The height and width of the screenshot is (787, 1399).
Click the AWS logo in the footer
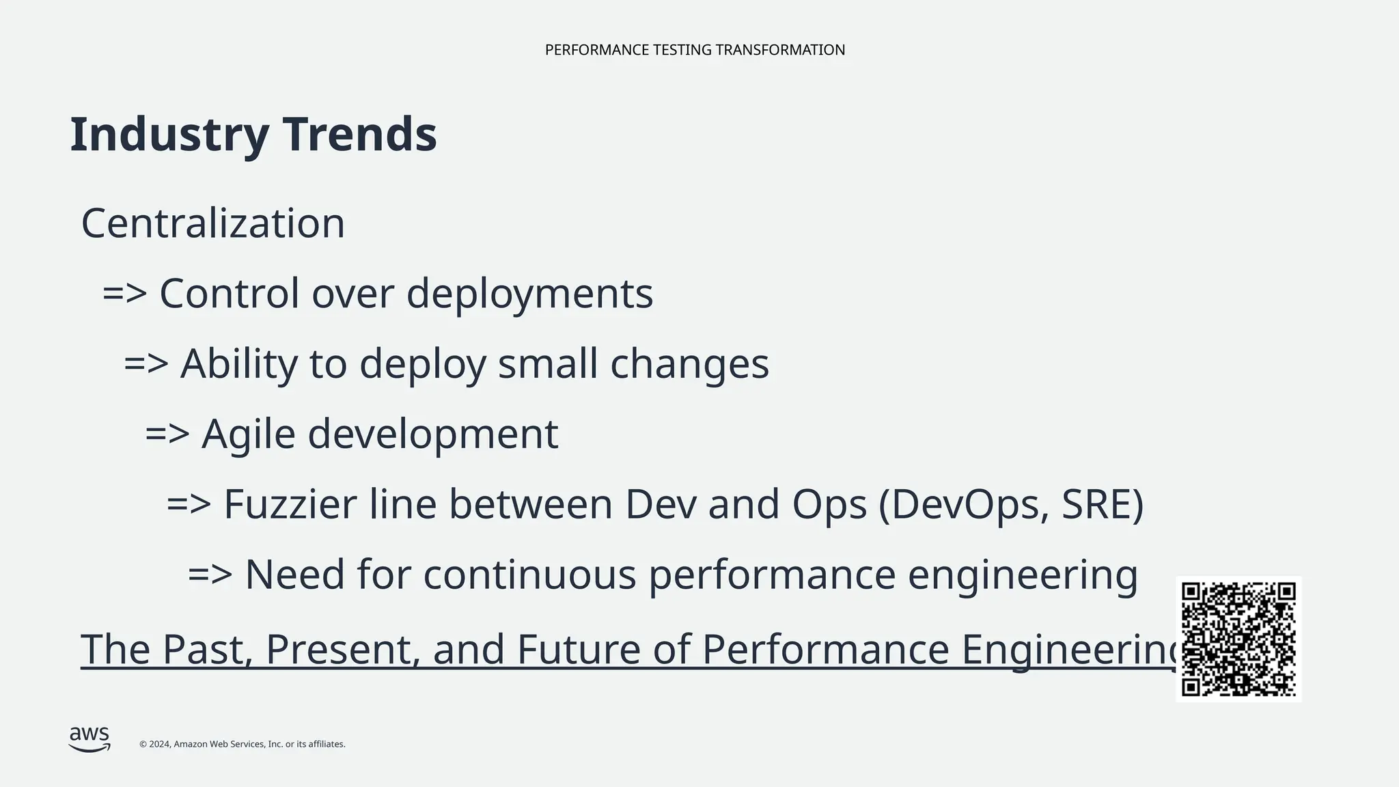[89, 739]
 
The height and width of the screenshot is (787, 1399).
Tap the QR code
[1238, 639]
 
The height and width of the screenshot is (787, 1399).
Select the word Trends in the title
[359, 135]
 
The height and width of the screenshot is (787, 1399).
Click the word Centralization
[213, 223]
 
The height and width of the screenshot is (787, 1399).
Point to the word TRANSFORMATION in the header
[780, 50]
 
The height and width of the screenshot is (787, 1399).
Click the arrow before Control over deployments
[124, 294]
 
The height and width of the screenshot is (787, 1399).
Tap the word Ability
[239, 363]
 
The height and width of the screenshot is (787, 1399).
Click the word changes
[689, 363]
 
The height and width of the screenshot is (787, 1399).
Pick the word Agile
[248, 434]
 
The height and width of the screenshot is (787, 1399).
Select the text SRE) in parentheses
[1103, 504]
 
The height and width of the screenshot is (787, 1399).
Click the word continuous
[529, 575]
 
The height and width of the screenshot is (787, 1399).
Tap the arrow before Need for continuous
[210, 575]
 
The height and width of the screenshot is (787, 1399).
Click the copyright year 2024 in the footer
[159, 745]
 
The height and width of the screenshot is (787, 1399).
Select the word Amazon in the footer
[191, 745]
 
